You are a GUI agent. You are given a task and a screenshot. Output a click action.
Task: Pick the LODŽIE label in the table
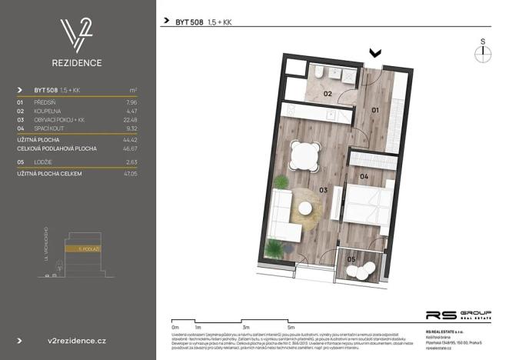tap(43, 163)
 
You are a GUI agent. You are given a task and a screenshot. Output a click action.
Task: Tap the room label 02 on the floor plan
tap(327, 94)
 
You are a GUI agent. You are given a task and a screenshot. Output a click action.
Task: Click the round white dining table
tap(305, 156)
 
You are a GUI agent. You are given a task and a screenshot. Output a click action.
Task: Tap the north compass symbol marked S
tap(483, 52)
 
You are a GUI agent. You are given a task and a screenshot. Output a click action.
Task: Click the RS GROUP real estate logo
tap(457, 315)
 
